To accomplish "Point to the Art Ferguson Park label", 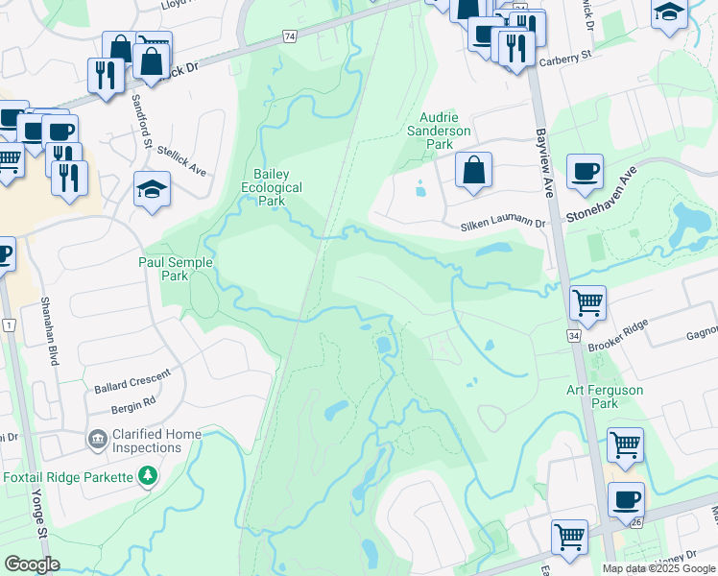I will coord(605,397).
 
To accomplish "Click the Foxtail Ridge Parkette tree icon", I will coord(148,475).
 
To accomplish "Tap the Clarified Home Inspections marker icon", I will coord(97,440).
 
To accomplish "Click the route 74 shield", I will coord(289,36).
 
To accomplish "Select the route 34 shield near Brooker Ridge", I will coord(574,336).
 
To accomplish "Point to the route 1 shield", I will coord(9,326).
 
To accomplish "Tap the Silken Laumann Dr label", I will coord(504,224).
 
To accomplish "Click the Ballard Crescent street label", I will coord(132,380).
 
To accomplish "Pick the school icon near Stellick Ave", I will coord(152,189).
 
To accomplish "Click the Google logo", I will coord(33,564).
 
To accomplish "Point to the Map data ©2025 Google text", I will coord(658,568).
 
